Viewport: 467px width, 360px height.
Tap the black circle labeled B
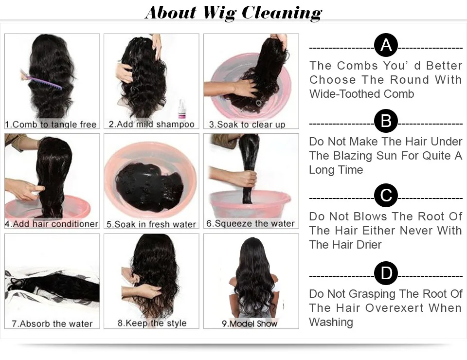386,121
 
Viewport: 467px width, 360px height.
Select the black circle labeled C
386,196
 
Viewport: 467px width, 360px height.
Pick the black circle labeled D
386,273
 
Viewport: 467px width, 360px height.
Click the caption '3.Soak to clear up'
247,125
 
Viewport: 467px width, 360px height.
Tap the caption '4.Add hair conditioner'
52,224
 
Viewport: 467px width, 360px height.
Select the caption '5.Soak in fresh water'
151,224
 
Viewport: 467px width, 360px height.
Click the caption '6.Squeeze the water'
250,224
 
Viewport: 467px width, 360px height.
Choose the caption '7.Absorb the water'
52,324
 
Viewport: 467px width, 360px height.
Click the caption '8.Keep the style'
152,324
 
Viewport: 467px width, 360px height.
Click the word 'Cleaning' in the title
282,12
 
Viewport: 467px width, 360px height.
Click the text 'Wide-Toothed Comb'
361,94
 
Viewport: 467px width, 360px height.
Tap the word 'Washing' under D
331,322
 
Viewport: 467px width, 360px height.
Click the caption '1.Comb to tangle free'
51,125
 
